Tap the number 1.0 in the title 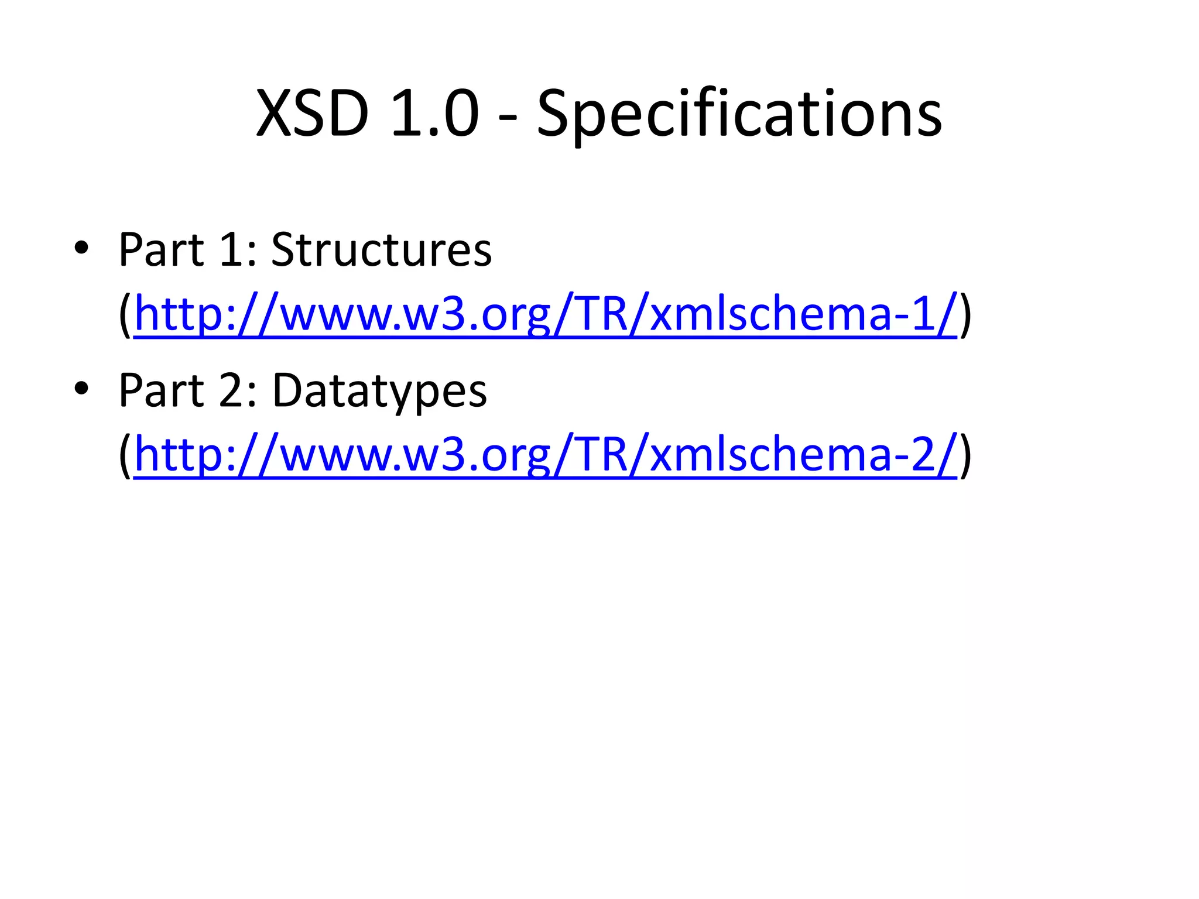click(x=434, y=114)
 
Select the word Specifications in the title click(x=739, y=114)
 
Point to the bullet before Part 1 click(x=81, y=249)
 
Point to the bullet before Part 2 click(x=81, y=389)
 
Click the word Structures click(x=382, y=250)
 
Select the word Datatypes click(x=379, y=391)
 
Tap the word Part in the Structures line click(x=162, y=250)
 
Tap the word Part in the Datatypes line click(x=162, y=390)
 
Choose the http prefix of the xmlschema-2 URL click(x=179, y=455)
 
